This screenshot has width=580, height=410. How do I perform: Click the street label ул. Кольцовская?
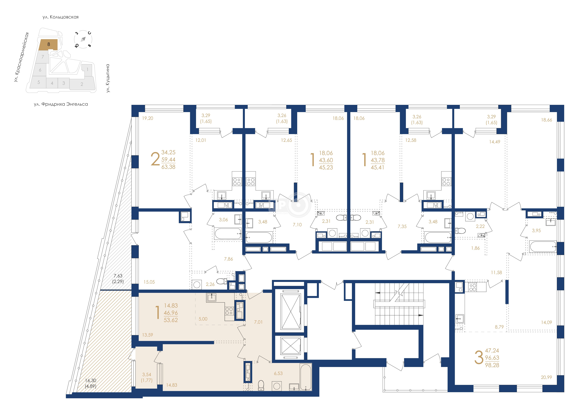click(x=61, y=17)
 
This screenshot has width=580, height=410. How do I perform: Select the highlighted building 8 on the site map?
click(x=49, y=44)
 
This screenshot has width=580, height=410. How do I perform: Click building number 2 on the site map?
click(x=82, y=84)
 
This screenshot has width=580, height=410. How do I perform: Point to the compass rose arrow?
click(x=83, y=39)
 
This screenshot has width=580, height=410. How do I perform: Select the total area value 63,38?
click(x=168, y=167)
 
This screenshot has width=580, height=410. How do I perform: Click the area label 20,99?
click(x=546, y=377)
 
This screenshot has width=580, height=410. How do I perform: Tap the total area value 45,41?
click(x=377, y=167)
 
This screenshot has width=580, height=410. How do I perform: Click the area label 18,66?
click(x=546, y=120)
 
